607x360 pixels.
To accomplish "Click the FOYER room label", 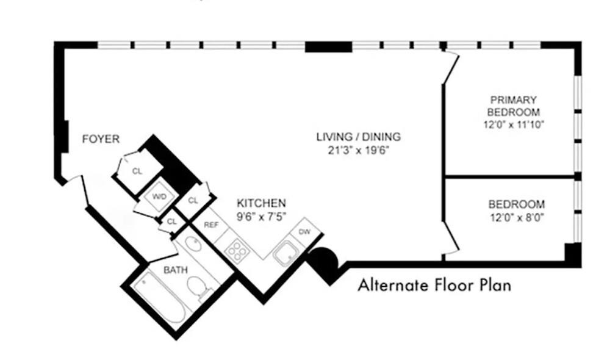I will click(x=101, y=139).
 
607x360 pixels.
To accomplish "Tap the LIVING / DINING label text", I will click(x=358, y=137).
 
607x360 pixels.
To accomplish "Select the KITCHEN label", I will click(x=261, y=203).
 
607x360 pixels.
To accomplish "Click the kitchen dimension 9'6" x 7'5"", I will click(x=261, y=215).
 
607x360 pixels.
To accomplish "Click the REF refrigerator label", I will click(x=211, y=225).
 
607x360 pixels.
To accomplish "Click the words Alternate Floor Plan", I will click(x=434, y=284).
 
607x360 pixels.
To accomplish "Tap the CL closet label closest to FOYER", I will click(x=137, y=171).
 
